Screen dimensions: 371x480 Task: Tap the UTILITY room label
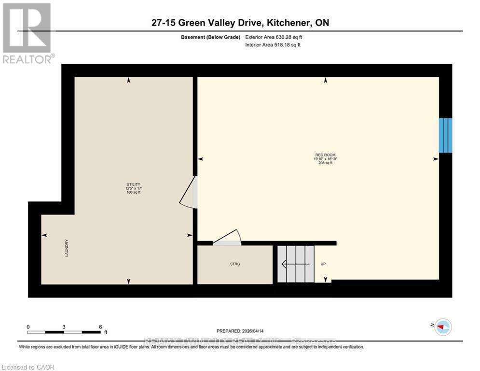pyautogui.click(x=133, y=184)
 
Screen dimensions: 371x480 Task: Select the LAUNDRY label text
pyautogui.click(x=67, y=248)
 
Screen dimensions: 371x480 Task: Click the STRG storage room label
pyautogui.click(x=235, y=264)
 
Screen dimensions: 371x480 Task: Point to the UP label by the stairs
pyautogui.click(x=323, y=264)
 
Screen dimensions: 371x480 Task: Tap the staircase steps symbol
pyautogui.click(x=295, y=264)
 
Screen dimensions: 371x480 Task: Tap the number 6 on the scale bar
pyautogui.click(x=100, y=327)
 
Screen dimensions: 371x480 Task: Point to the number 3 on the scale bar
pyautogui.click(x=64, y=327)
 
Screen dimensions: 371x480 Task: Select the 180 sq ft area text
pyautogui.click(x=133, y=192)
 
